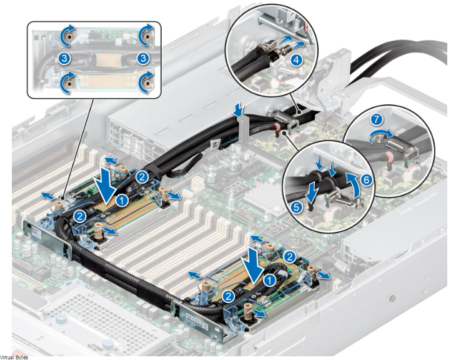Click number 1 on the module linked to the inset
click(124, 199)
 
